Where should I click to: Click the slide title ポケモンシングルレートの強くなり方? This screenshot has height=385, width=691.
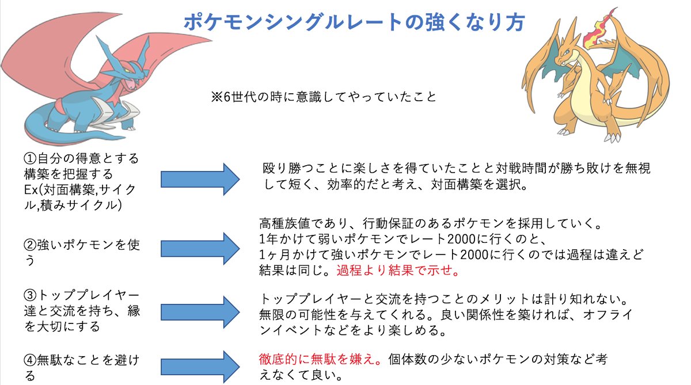point(354,22)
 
